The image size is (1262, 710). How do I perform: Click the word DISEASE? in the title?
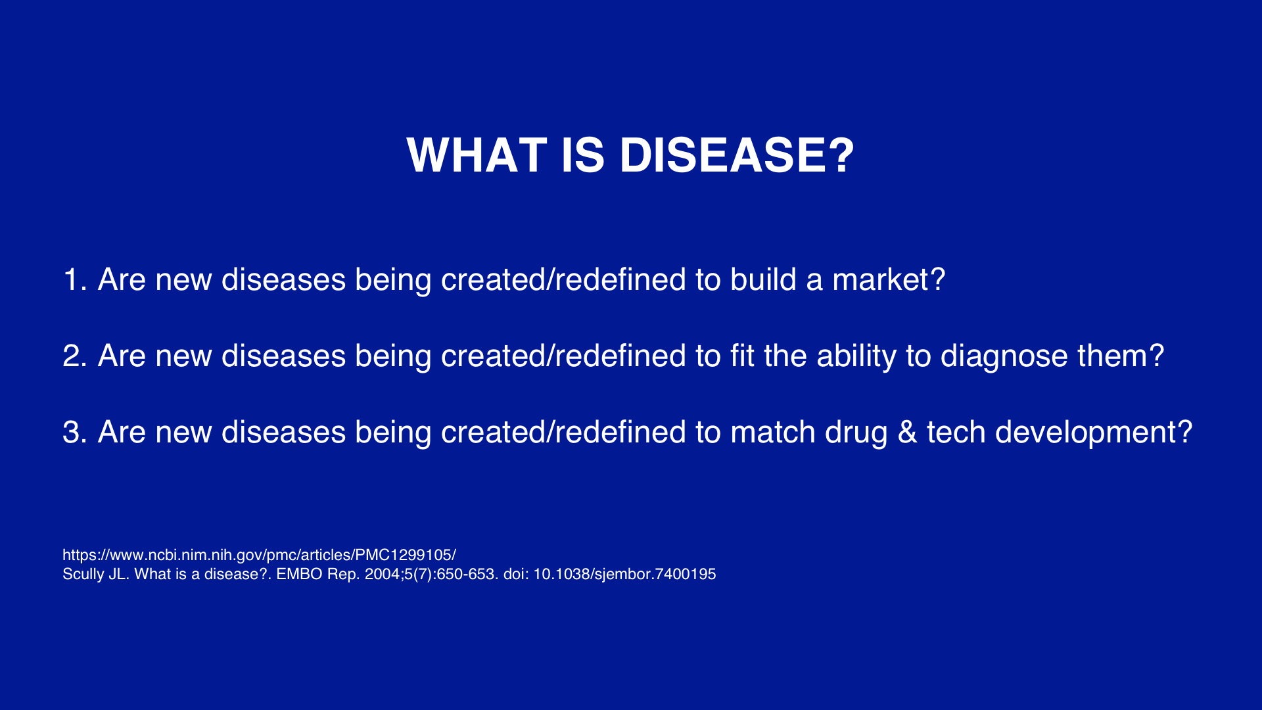pyautogui.click(x=737, y=156)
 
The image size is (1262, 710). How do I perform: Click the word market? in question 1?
pyautogui.click(x=889, y=280)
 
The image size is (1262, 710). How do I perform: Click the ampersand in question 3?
pyautogui.click(x=907, y=433)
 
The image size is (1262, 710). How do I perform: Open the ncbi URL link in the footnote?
pyautogui.click(x=259, y=556)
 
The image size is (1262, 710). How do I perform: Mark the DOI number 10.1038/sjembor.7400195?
pyautogui.click(x=624, y=575)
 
